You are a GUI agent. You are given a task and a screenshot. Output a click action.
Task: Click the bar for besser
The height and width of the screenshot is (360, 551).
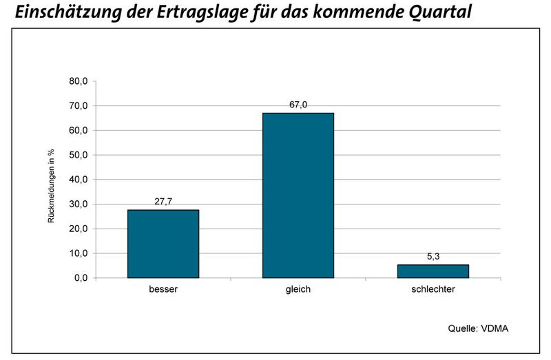[163, 244]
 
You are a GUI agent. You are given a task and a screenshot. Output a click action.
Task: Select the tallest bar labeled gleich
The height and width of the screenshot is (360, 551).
[298, 195]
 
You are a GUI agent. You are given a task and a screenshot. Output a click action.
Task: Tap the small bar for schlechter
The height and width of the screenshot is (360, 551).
[433, 271]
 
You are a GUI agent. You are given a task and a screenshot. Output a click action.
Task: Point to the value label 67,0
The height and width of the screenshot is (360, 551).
[298, 105]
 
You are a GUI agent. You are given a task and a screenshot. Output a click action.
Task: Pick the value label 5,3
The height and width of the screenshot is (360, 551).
[433, 257]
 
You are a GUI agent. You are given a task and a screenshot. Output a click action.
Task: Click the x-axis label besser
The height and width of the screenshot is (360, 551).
[163, 290]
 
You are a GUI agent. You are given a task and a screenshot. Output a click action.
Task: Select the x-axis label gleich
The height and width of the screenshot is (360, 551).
[298, 290]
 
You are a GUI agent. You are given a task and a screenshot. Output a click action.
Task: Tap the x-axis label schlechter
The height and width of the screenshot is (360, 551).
[433, 290]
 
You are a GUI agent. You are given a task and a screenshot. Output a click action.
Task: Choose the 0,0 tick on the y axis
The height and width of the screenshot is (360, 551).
[81, 278]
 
